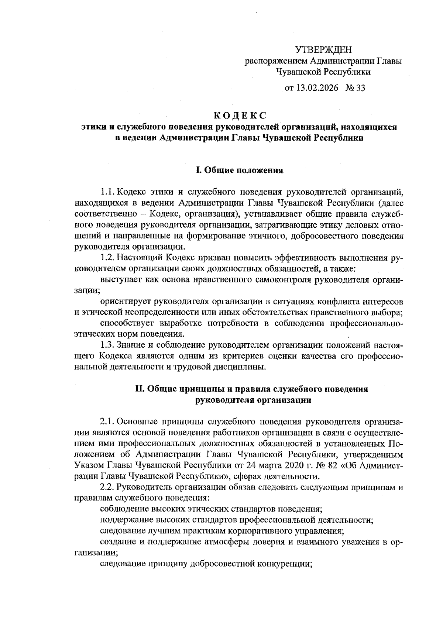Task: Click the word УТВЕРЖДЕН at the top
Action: tap(324, 49)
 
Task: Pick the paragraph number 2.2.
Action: tap(108, 487)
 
